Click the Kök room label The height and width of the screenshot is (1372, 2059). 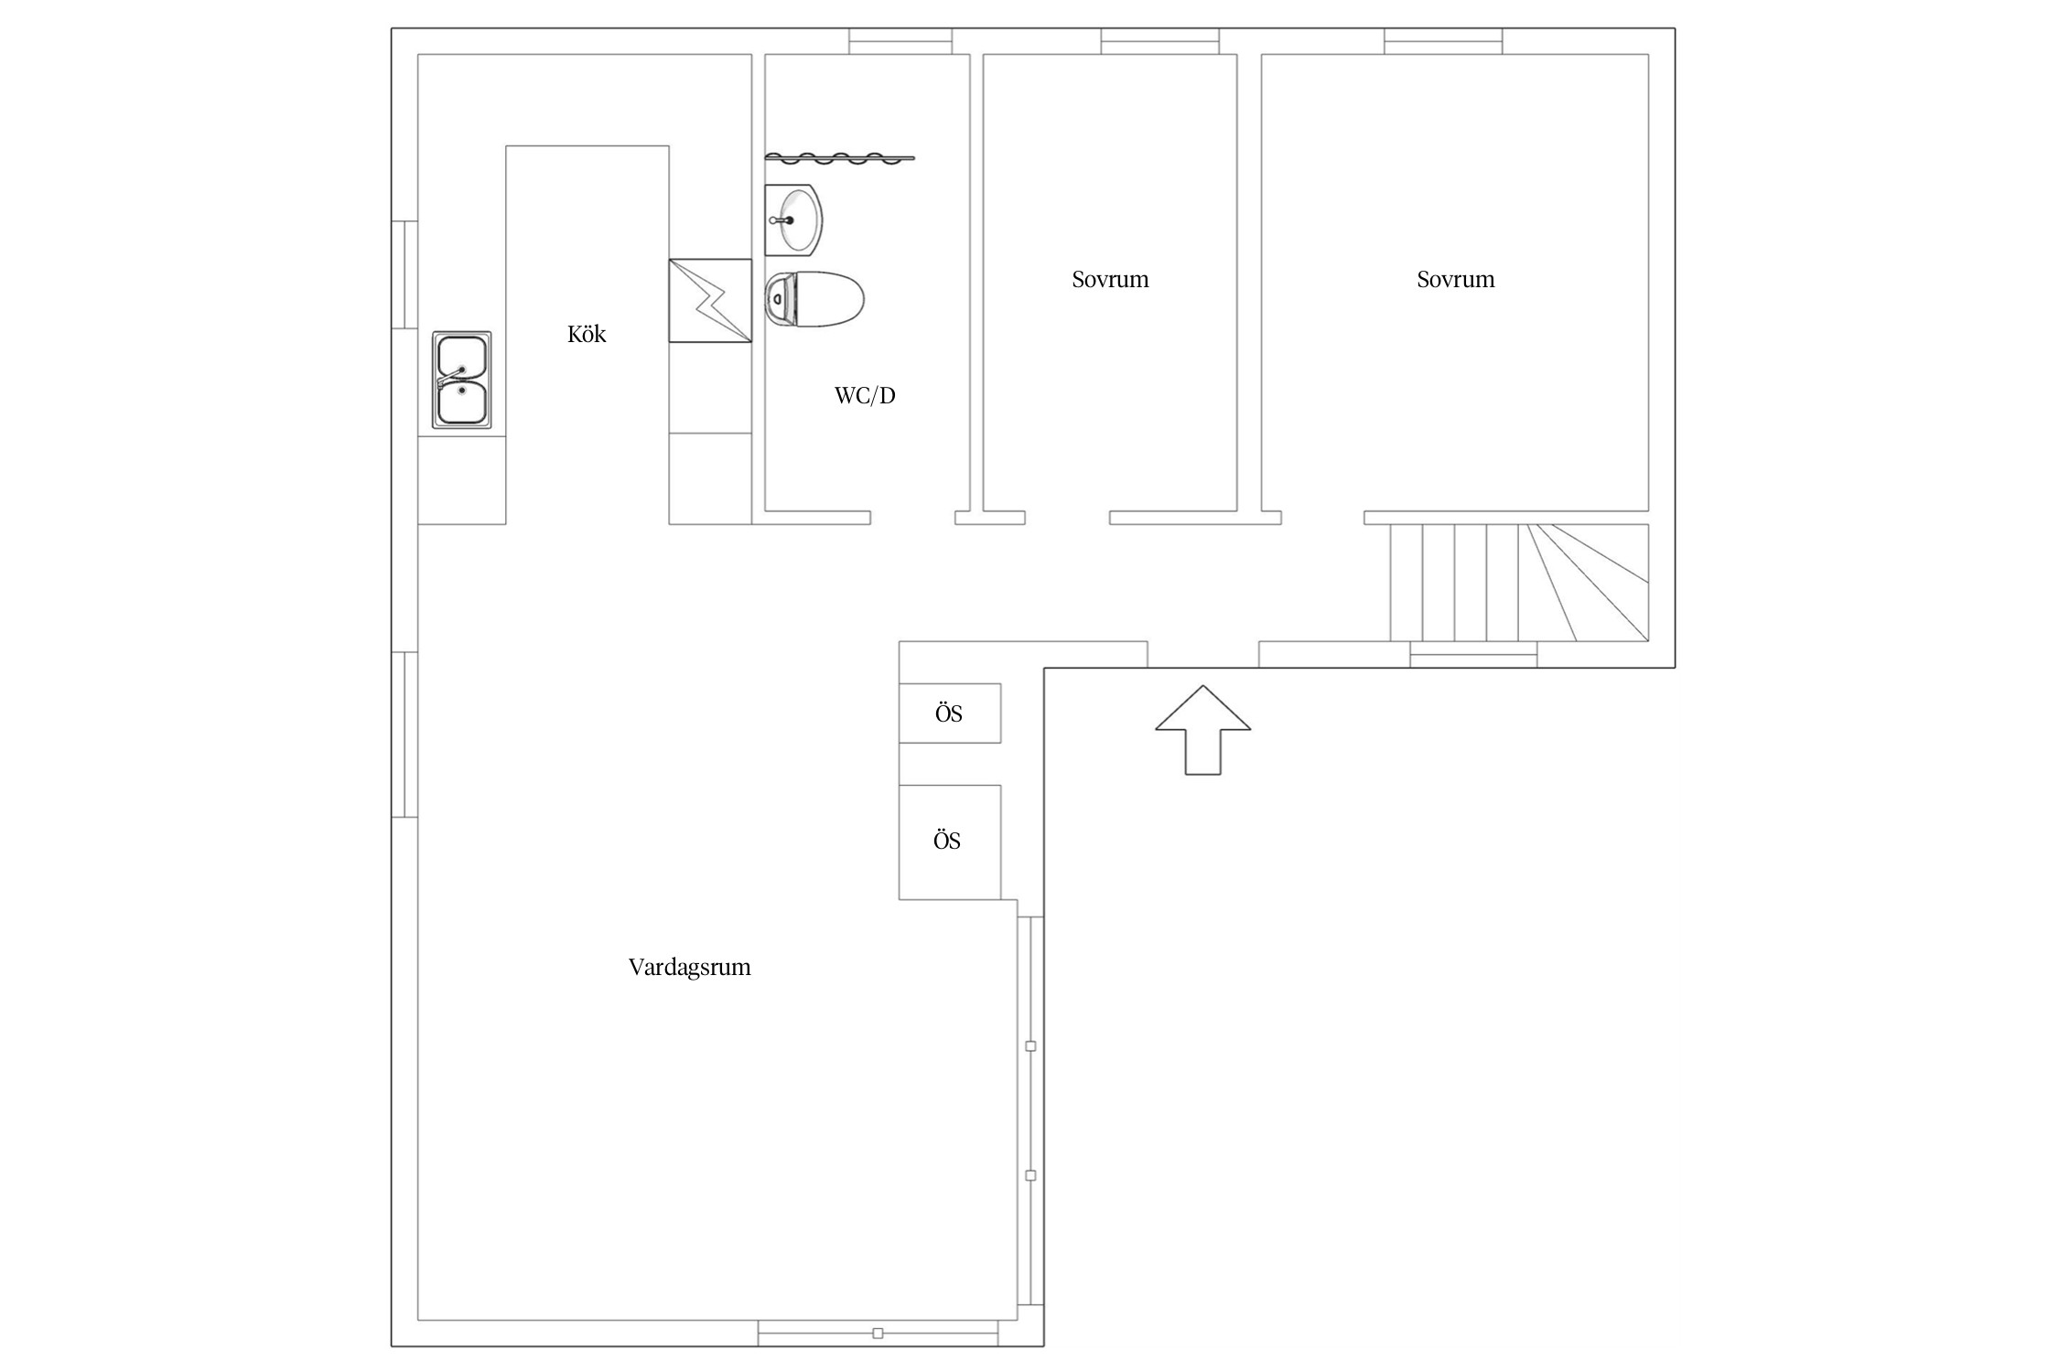pyautogui.click(x=587, y=335)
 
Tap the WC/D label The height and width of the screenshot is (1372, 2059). pyautogui.click(x=865, y=395)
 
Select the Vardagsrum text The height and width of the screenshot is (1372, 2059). pyautogui.click(x=690, y=968)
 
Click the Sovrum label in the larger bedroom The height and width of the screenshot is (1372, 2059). pyautogui.click(x=1456, y=280)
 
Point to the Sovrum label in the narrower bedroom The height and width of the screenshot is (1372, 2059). pyautogui.click(x=1110, y=280)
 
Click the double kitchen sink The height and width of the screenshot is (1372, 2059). pyautogui.click(x=462, y=380)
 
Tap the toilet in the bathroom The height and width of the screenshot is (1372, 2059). pyautogui.click(x=814, y=299)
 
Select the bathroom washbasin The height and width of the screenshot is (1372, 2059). pyautogui.click(x=793, y=220)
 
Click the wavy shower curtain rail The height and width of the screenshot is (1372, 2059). pyautogui.click(x=839, y=158)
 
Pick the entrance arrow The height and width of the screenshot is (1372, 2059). pyautogui.click(x=1202, y=730)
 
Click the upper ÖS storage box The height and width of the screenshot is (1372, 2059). pyautogui.click(x=950, y=713)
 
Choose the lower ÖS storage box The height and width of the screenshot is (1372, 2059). pyautogui.click(x=950, y=842)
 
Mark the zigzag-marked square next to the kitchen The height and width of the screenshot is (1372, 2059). pyautogui.click(x=710, y=301)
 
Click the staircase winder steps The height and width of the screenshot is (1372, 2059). pyautogui.click(x=1584, y=583)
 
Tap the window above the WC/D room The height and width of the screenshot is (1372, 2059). pyautogui.click(x=900, y=41)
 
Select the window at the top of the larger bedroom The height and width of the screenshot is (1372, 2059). pyautogui.click(x=1443, y=41)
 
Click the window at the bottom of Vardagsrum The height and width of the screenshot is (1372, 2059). pyautogui.click(x=878, y=1334)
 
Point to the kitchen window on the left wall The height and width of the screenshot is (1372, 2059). pyautogui.click(x=404, y=274)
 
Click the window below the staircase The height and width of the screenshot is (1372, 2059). pyautogui.click(x=1473, y=655)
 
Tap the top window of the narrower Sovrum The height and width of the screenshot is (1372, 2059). pyautogui.click(x=1160, y=41)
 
